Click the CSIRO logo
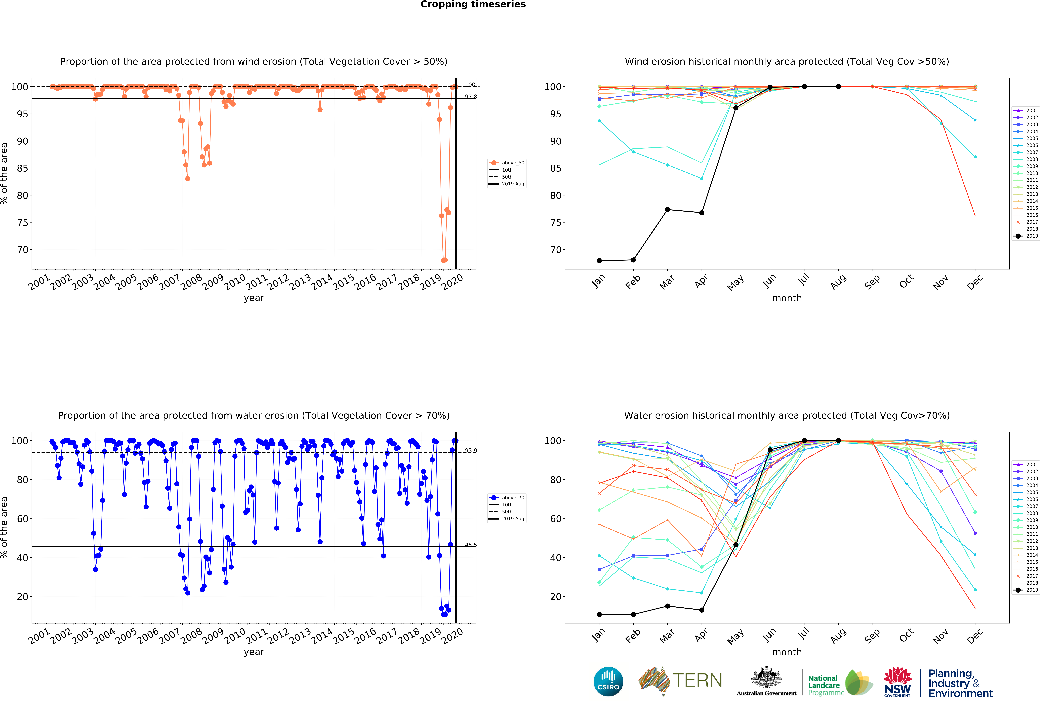click(608, 682)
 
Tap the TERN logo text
click(697, 680)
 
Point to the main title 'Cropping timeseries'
click(473, 4)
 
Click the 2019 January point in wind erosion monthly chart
click(599, 260)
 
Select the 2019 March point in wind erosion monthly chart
click(667, 210)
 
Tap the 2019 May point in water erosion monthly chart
click(736, 545)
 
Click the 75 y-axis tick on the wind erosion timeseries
click(22, 222)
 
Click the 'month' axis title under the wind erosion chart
click(787, 298)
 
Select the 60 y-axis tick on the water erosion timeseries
click(22, 519)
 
